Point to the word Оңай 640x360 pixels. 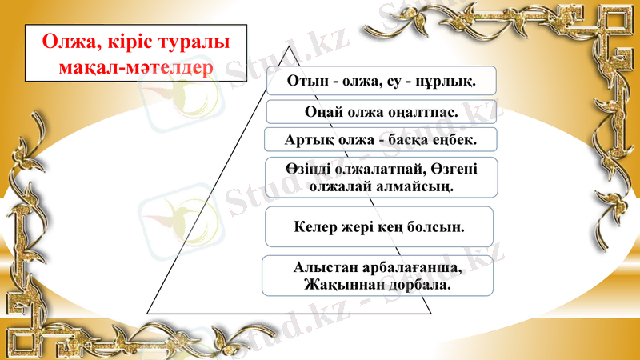(x=325, y=110)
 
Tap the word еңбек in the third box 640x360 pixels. (x=453, y=139)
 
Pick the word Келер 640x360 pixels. (x=314, y=227)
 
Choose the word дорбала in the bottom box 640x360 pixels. (x=419, y=284)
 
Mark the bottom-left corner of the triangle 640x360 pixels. (x=146, y=313)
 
